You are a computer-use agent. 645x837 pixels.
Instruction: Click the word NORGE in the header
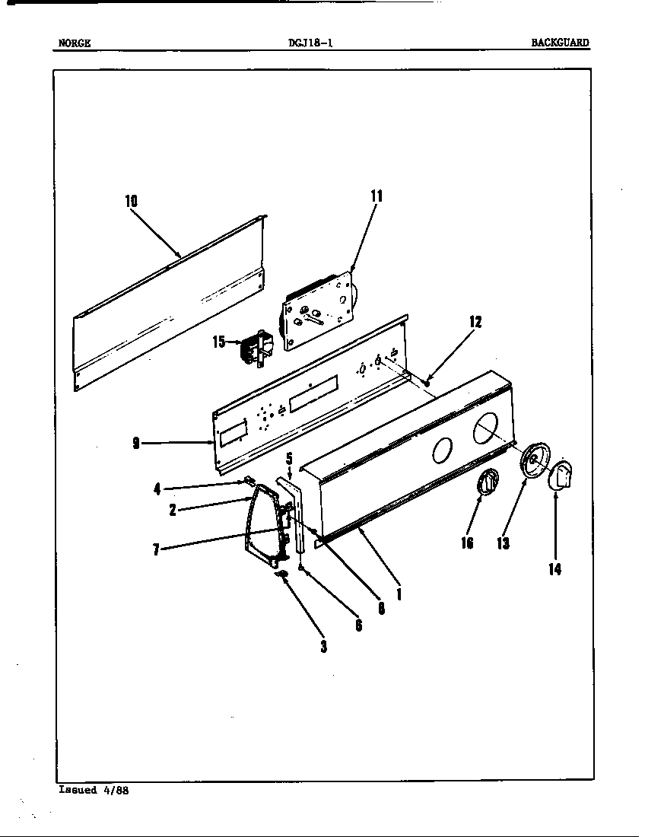click(x=75, y=43)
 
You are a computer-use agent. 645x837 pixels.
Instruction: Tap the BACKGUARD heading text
click(x=560, y=43)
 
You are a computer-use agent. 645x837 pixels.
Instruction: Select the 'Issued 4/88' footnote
click(x=94, y=790)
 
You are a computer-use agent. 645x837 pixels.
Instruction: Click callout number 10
click(x=132, y=201)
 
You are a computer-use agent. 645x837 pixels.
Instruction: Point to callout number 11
click(x=377, y=196)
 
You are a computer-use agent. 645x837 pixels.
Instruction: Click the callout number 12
click(x=475, y=322)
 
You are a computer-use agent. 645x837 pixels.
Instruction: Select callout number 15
click(x=219, y=342)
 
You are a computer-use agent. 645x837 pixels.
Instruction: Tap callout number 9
click(x=135, y=444)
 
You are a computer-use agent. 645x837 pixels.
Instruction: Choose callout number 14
click(x=555, y=568)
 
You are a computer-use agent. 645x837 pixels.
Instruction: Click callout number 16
click(x=466, y=543)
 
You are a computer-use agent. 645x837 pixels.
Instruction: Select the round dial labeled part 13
click(x=535, y=461)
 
